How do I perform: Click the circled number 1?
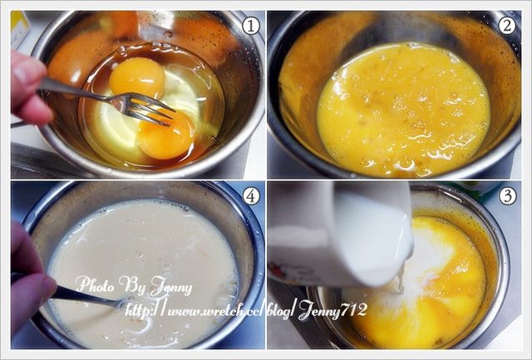pos(250,26)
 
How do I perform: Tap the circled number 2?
pos(506,26)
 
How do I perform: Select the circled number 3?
pos(507,195)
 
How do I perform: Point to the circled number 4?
pos(251,195)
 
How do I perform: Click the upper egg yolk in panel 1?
pos(137,77)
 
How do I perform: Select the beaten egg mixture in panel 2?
pos(404,109)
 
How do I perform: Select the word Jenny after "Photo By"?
pos(170,288)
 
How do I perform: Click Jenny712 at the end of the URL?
pos(332,311)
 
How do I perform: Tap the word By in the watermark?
pos(131,286)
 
